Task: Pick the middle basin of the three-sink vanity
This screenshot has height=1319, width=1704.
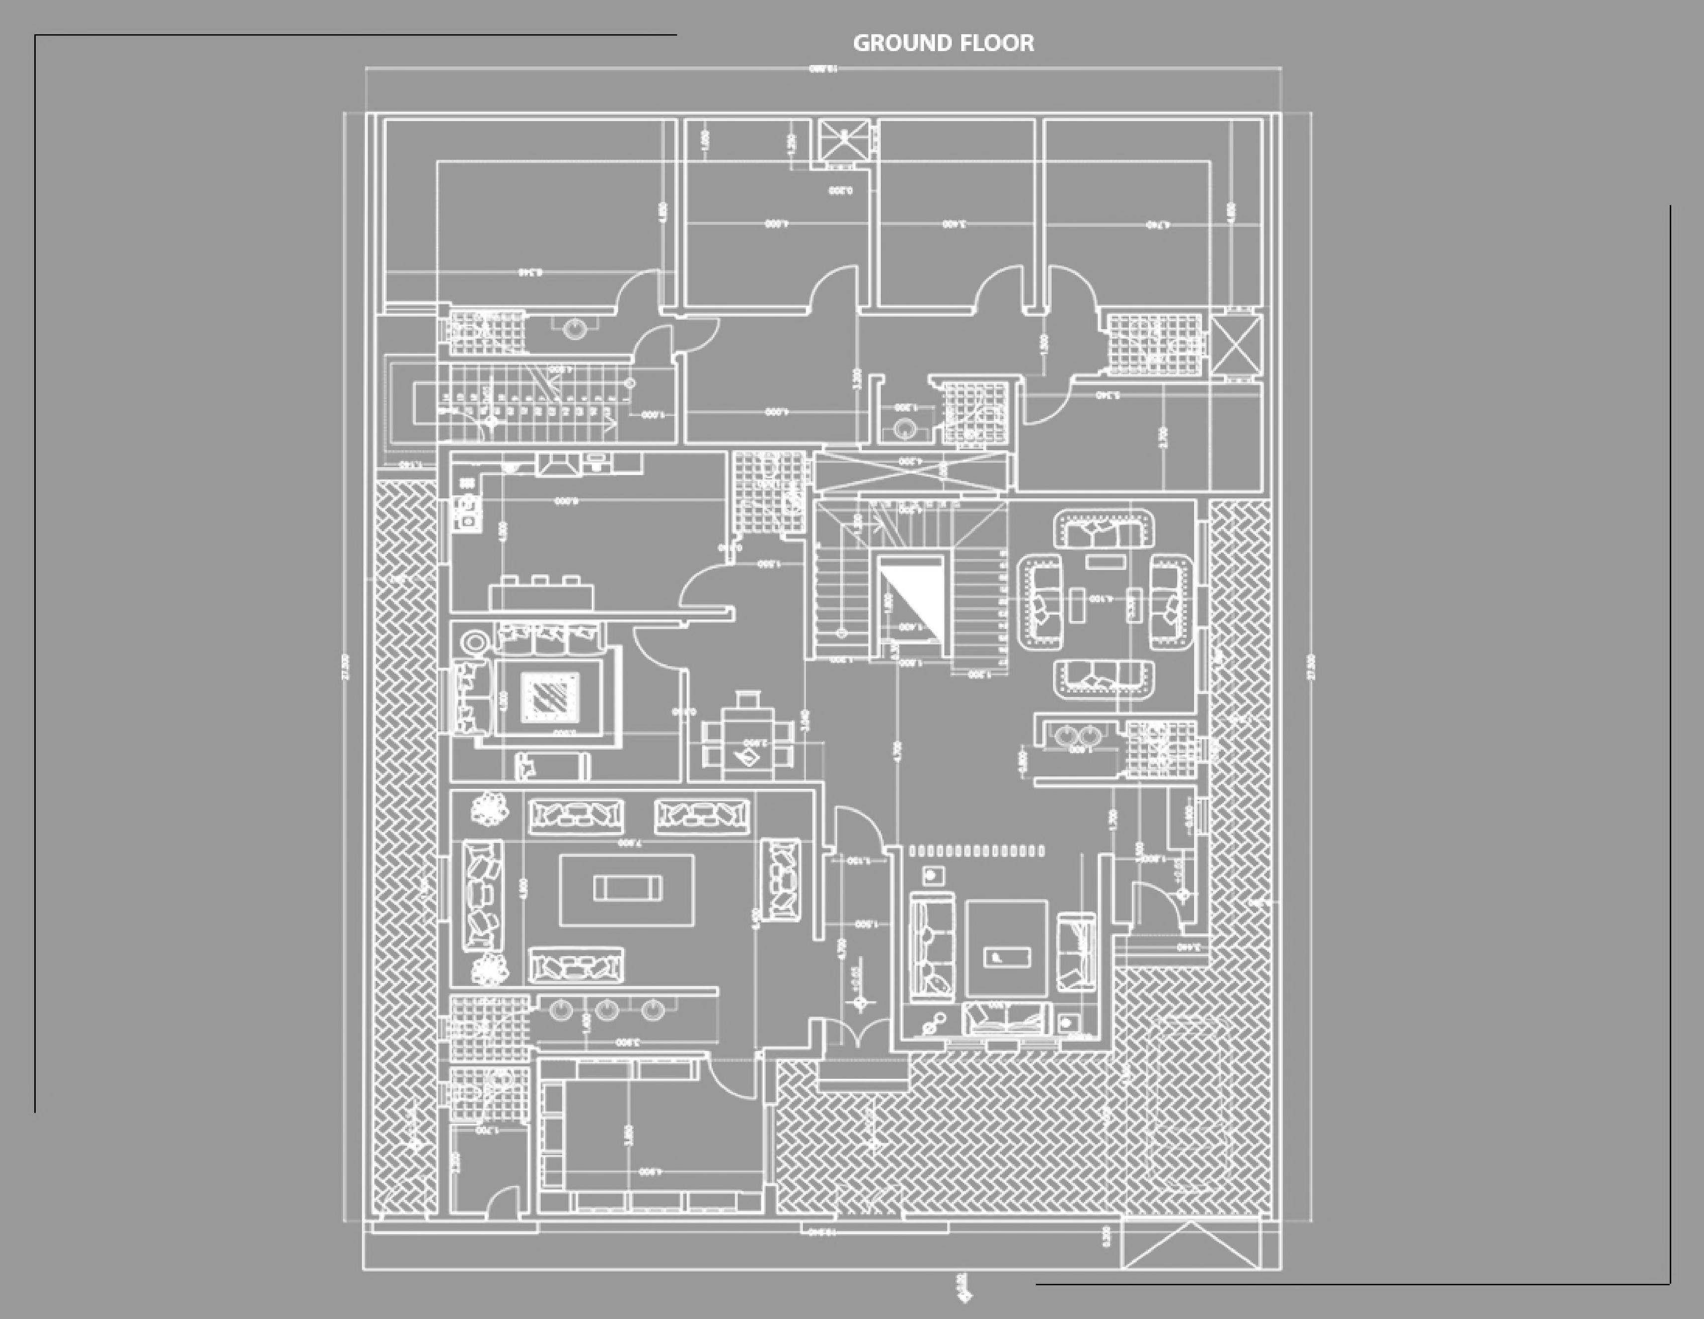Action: tap(607, 1011)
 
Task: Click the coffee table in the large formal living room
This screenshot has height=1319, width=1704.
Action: tap(627, 887)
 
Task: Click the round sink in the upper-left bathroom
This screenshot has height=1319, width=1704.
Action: tap(576, 328)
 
